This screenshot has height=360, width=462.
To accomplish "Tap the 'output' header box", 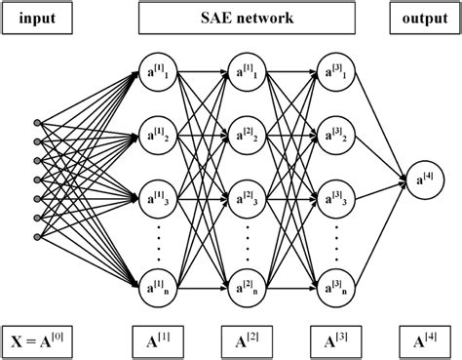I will [424, 20].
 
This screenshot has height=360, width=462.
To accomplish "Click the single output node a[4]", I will [424, 179].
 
